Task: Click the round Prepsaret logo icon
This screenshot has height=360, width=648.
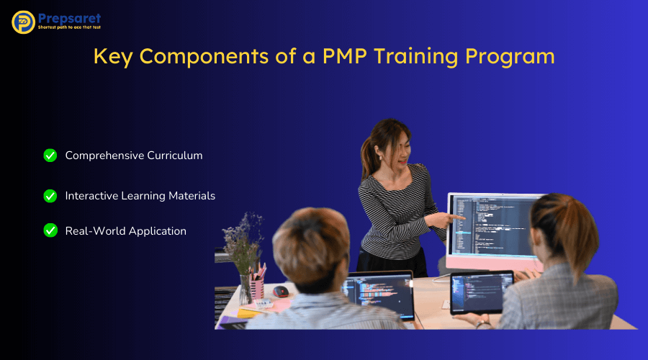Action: (x=23, y=22)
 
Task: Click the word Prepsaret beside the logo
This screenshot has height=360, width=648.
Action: (x=69, y=17)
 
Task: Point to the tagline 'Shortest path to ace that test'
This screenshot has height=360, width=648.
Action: (x=69, y=28)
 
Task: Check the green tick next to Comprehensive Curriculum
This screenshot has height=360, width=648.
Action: (x=50, y=156)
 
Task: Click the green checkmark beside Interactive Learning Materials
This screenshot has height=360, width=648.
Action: (x=50, y=196)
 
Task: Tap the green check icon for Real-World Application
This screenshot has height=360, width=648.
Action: (x=50, y=230)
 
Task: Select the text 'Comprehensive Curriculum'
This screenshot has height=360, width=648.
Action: (x=134, y=156)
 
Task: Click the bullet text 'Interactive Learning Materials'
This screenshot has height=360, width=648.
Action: (x=140, y=196)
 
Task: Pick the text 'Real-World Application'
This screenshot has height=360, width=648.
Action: (x=125, y=231)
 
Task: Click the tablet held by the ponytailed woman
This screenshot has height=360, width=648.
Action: (x=482, y=292)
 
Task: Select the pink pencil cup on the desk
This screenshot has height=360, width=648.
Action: (x=257, y=288)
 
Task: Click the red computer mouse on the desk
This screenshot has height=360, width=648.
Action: (x=281, y=292)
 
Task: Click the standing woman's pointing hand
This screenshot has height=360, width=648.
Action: (x=455, y=216)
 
